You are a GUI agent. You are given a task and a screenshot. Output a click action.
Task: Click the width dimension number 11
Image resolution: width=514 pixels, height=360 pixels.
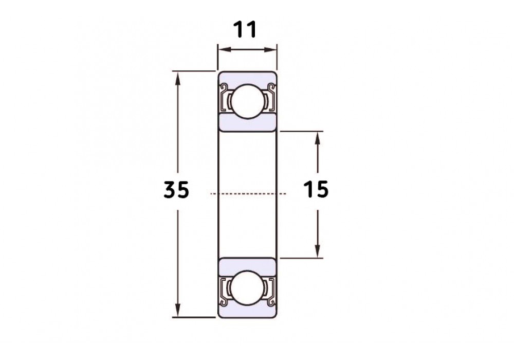[x=245, y=29]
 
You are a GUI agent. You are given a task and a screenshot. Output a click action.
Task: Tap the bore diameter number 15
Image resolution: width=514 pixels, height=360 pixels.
[x=316, y=190]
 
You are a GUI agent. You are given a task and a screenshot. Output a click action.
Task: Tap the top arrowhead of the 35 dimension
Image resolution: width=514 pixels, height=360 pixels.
[x=178, y=78]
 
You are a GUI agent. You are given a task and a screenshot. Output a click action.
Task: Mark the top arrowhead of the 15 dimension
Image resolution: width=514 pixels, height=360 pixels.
[x=317, y=138]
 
